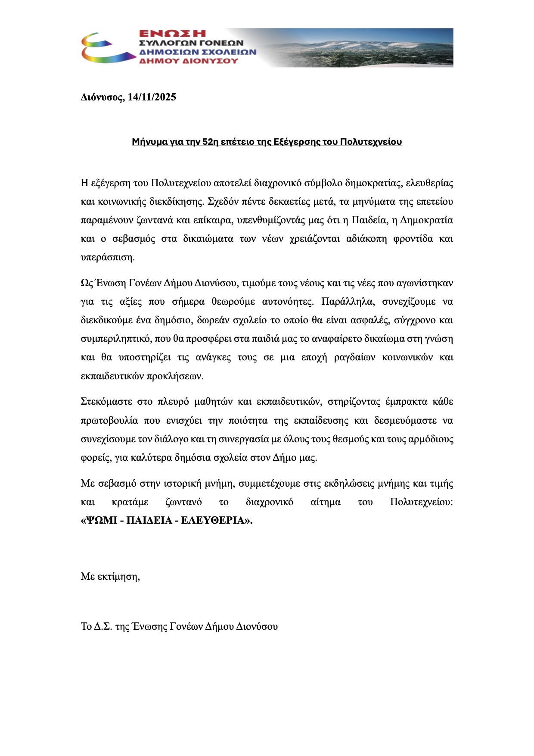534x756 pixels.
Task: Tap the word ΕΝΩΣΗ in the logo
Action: tap(172, 34)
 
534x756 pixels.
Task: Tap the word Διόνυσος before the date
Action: tap(102, 97)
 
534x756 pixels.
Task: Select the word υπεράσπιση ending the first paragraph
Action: tap(107, 257)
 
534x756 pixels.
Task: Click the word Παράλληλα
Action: tap(348, 302)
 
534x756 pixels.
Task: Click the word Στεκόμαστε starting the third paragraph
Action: tap(106, 402)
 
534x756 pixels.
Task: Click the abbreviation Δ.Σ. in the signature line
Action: tap(103, 626)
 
